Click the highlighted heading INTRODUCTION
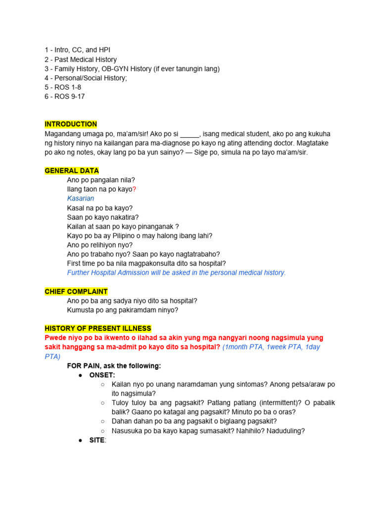(x=71, y=124)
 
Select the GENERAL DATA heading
(x=71, y=171)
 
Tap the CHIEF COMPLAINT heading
(x=76, y=292)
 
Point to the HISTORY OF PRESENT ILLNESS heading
(x=98, y=329)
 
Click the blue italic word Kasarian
(x=80, y=199)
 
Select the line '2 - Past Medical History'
(x=81, y=59)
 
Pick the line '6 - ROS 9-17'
(x=64, y=97)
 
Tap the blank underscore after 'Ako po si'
(x=189, y=134)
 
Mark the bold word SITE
(x=96, y=440)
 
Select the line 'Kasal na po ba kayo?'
(x=100, y=208)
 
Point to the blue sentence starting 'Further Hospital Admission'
(x=176, y=273)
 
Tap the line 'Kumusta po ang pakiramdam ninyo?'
(x=122, y=310)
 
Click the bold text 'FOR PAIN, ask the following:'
(x=114, y=366)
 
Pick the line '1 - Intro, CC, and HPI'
(x=81, y=50)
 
